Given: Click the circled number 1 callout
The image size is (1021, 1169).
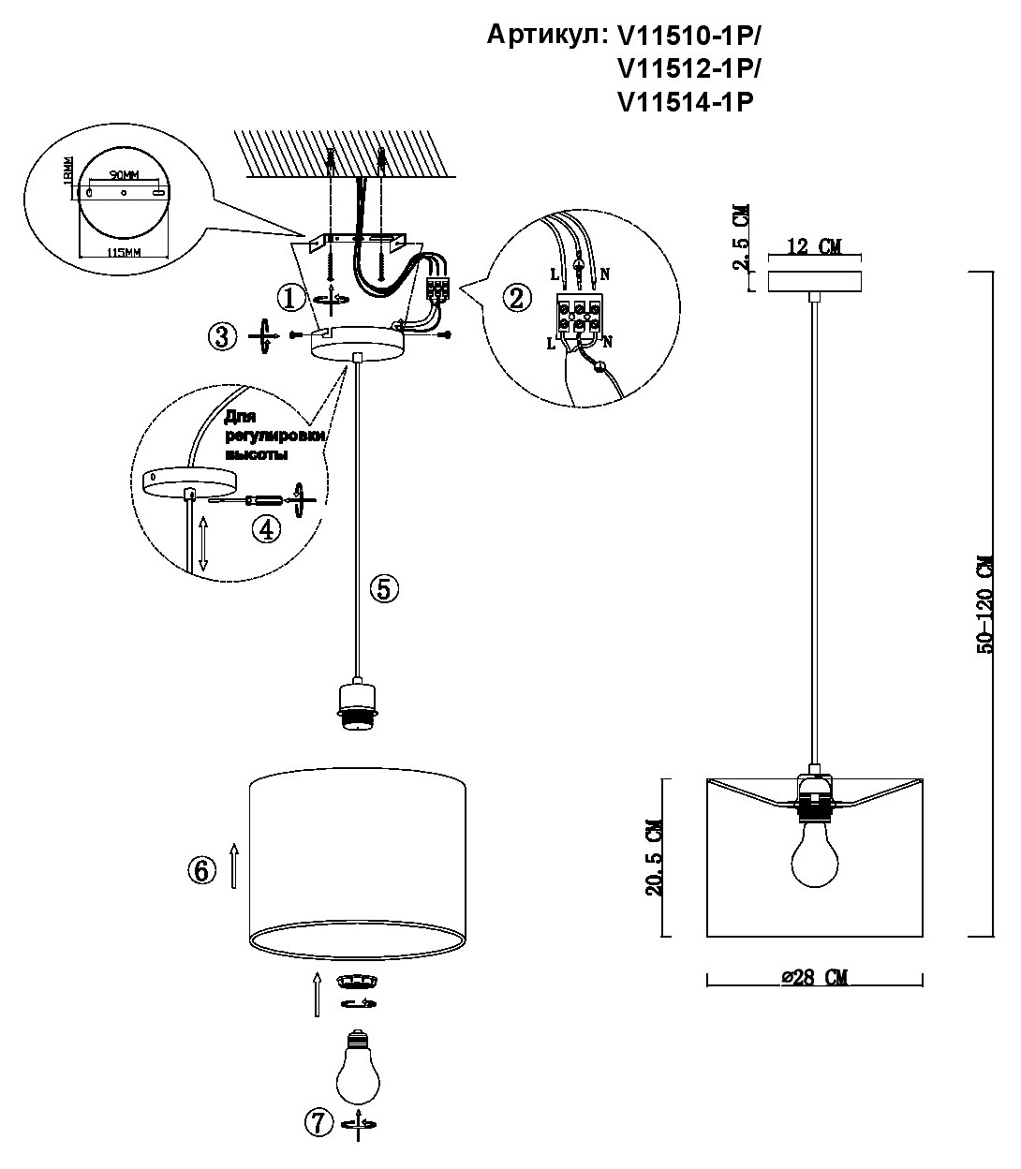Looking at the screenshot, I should (290, 299).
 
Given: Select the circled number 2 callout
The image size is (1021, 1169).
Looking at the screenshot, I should (515, 298).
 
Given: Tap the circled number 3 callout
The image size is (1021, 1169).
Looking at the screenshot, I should (222, 336).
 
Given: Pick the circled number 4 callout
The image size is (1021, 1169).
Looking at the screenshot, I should (266, 529).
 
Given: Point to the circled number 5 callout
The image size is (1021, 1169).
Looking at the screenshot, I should (385, 588).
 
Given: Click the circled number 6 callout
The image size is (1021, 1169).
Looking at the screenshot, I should (200, 870).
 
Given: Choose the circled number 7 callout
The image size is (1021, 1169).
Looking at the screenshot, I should (319, 1122).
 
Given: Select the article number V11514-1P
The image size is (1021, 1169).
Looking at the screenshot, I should (686, 102).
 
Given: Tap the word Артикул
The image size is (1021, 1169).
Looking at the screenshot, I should (547, 36).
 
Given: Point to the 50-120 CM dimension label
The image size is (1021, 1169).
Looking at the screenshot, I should (984, 604).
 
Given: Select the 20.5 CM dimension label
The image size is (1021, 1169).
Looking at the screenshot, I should (655, 857).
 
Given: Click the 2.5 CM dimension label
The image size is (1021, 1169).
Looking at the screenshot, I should (741, 239).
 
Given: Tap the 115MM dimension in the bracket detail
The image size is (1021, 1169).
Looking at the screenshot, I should (123, 253).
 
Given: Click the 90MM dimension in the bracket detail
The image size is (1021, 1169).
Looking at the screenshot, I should (122, 175).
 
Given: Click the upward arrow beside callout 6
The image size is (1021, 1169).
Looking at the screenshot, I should (234, 864).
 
